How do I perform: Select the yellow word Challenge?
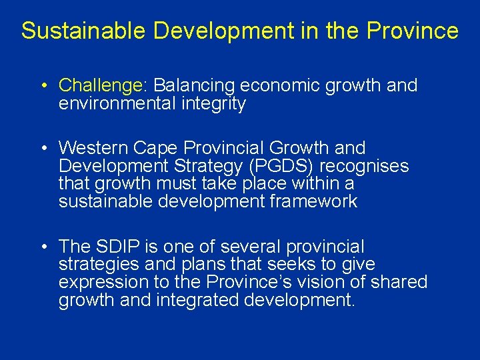pyautogui.click(x=101, y=85)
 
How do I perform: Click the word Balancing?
pyautogui.click(x=194, y=85)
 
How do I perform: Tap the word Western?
pyautogui.click(x=93, y=147)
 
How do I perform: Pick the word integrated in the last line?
pyautogui.click(x=197, y=300)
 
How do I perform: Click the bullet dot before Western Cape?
pyautogui.click(x=43, y=147)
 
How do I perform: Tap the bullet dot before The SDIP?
pyautogui.click(x=43, y=247)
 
